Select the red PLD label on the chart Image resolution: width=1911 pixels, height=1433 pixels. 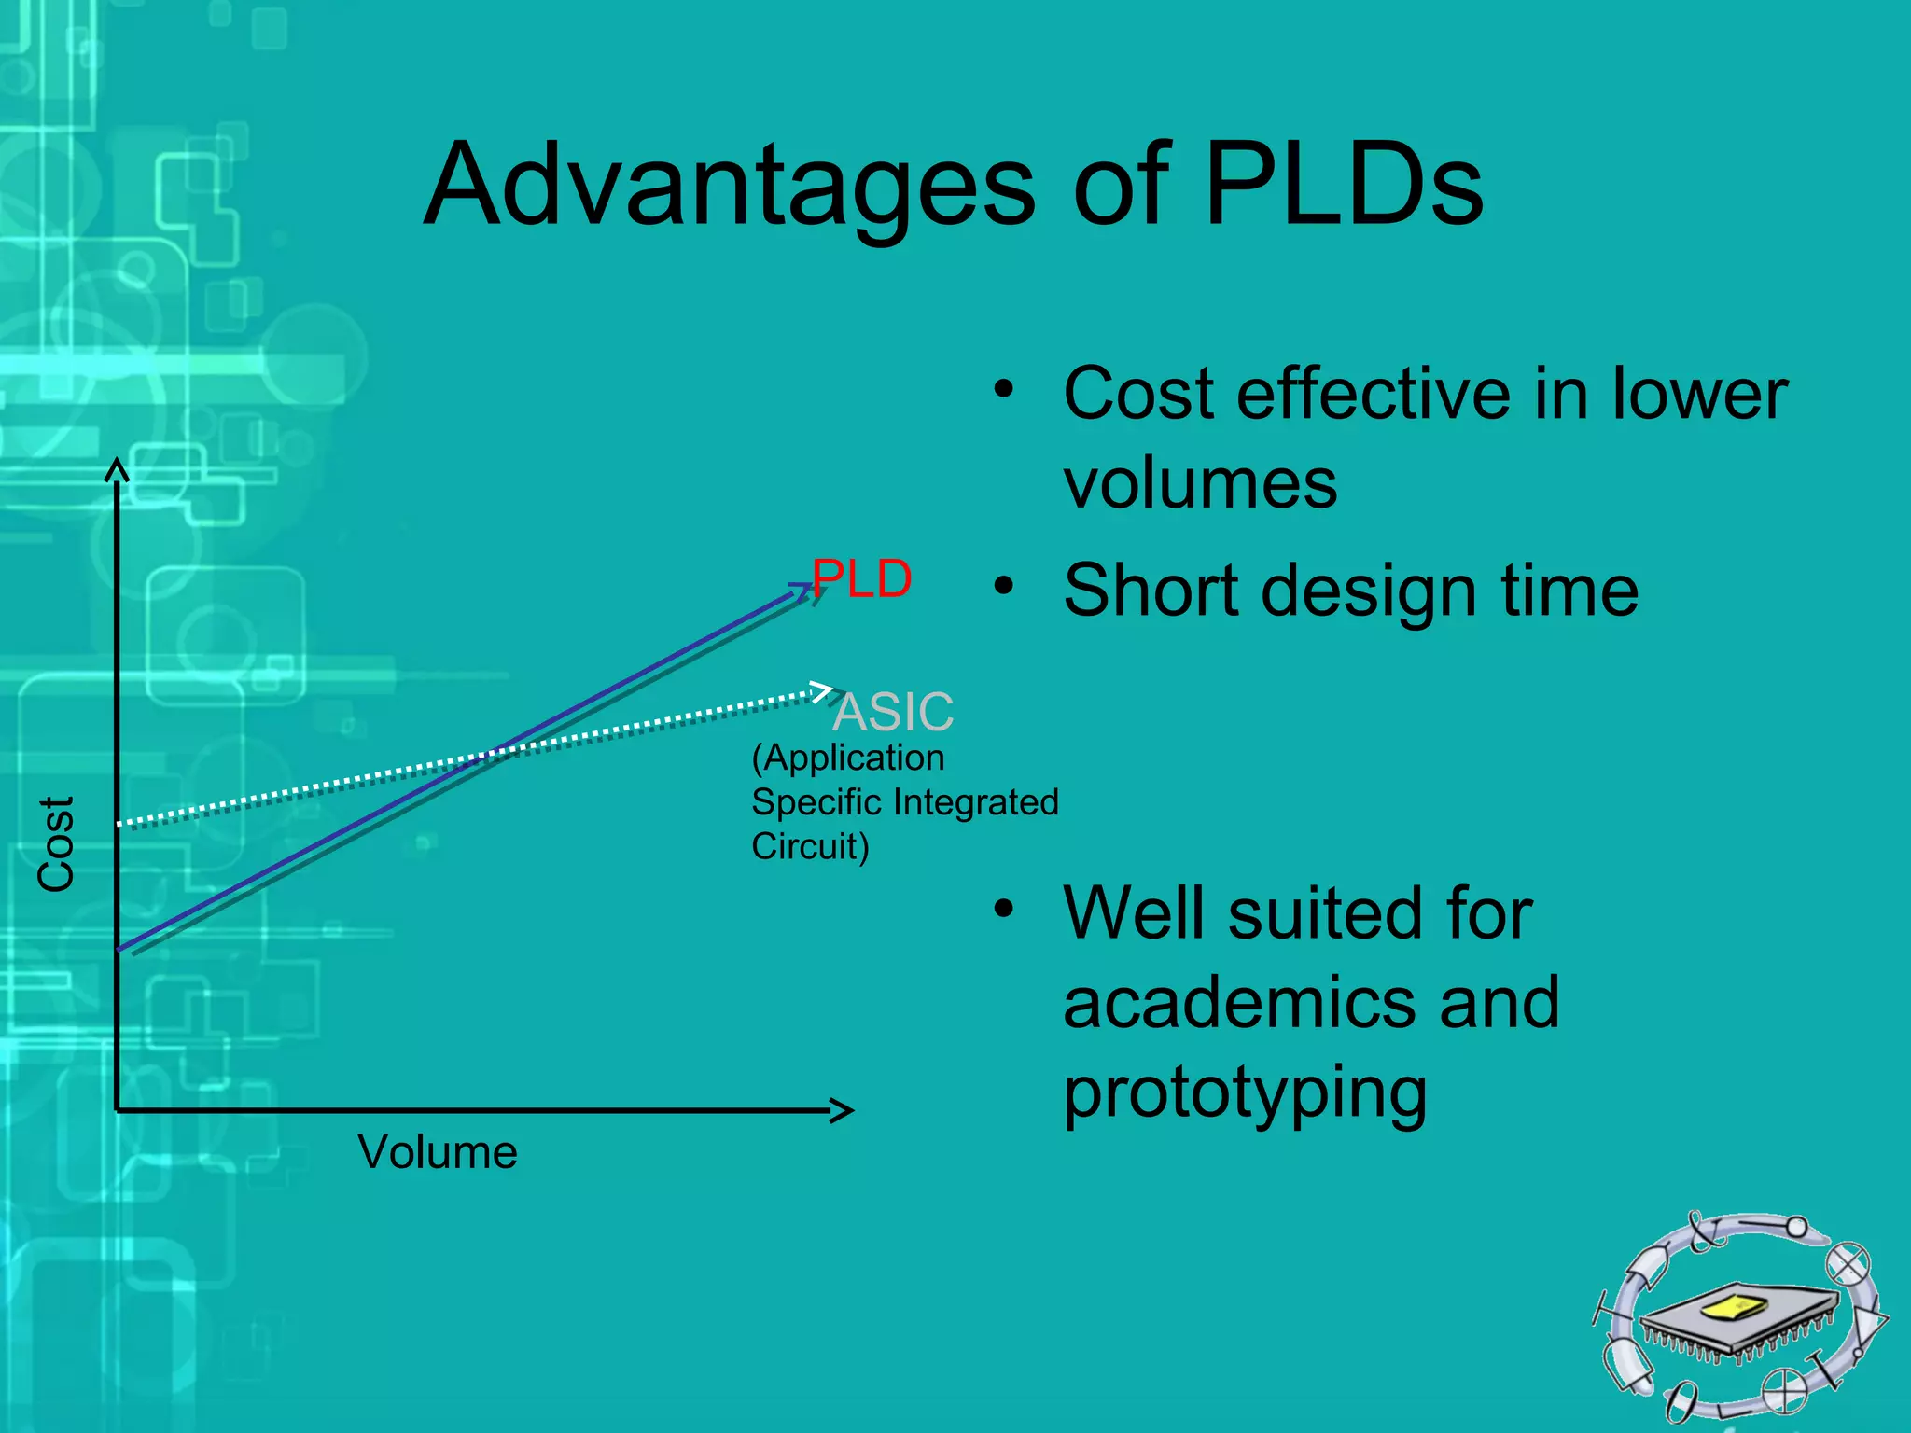[861, 579]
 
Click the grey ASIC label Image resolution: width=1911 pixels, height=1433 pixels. [894, 712]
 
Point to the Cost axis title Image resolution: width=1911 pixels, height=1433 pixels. [56, 844]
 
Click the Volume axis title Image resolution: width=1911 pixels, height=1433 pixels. [437, 1152]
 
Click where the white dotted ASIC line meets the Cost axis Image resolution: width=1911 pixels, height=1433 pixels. [119, 824]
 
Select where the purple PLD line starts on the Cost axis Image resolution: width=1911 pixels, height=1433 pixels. [119, 949]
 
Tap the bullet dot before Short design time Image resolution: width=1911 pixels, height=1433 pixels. [1003, 586]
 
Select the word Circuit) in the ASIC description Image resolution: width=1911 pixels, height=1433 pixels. [810, 846]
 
